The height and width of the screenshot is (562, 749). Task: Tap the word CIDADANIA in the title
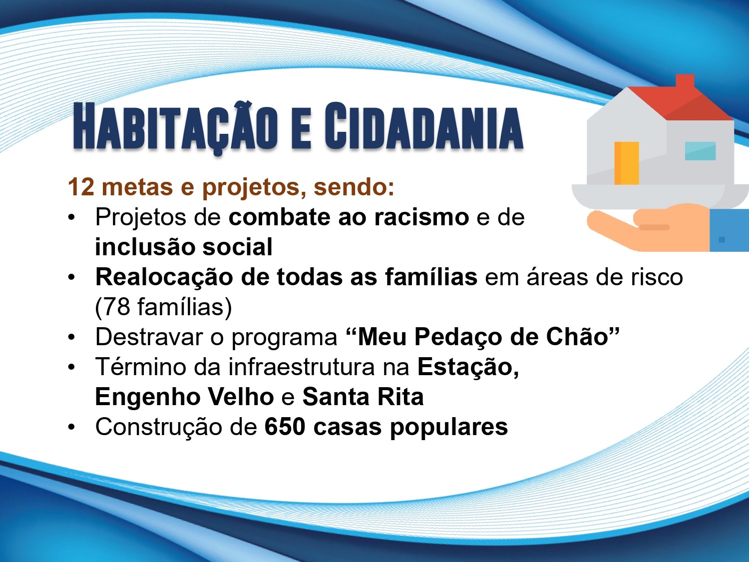pos(423,126)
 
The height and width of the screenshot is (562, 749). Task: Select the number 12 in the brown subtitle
pos(81,187)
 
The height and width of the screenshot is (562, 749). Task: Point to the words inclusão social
pos(184,247)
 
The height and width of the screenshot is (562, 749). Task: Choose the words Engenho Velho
pos(184,397)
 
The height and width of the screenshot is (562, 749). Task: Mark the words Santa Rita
pos(363,397)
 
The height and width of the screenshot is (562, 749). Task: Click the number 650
pos(285,427)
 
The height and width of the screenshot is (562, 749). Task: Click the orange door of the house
pos(627,163)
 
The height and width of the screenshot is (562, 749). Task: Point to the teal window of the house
pos(700,151)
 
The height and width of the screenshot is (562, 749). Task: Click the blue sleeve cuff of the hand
pos(729,230)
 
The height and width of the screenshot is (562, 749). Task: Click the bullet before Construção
pos(71,427)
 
